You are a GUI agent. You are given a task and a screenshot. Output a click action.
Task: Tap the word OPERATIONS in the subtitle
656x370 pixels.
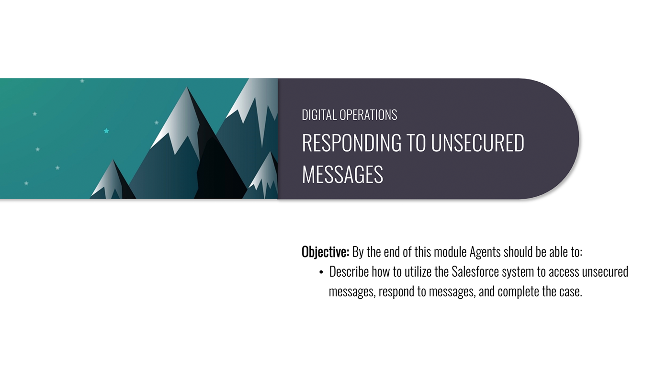(x=368, y=115)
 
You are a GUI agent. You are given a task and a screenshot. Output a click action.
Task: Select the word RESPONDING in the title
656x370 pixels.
(x=352, y=143)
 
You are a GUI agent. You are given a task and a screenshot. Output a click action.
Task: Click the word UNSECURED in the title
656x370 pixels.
(x=477, y=143)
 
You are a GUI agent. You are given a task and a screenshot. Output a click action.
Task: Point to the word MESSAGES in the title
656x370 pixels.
(x=342, y=174)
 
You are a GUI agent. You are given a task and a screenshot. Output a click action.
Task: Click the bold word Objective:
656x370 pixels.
(x=325, y=252)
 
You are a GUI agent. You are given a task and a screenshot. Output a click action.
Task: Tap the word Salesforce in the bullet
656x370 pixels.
(x=475, y=272)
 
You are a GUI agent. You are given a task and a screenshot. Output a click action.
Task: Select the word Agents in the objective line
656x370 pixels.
(x=485, y=252)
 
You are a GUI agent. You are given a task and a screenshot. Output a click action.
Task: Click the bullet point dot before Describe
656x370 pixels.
(x=321, y=272)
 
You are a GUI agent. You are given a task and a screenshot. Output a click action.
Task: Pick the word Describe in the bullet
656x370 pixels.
(x=349, y=272)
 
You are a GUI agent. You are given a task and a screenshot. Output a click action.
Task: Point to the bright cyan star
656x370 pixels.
(x=106, y=131)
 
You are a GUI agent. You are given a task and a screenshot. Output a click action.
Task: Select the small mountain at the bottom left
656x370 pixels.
(x=113, y=181)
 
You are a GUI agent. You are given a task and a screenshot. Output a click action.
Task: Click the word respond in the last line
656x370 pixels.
(x=396, y=292)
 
